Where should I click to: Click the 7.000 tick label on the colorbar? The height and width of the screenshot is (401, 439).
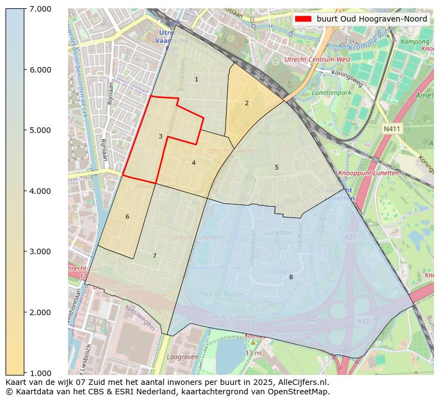(x=37, y=9)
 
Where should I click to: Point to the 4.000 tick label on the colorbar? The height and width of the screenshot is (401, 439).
(x=37, y=191)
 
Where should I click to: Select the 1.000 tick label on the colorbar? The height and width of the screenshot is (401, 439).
(x=37, y=373)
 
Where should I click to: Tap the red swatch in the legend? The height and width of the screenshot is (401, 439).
(x=303, y=19)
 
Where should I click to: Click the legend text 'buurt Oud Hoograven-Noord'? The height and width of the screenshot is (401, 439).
(x=372, y=19)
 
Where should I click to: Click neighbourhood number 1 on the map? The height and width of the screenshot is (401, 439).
(x=196, y=80)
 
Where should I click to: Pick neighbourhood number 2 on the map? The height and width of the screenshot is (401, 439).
(x=247, y=103)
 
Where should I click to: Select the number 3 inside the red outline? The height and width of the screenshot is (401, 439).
(x=160, y=136)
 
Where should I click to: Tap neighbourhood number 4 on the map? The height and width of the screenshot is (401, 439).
(x=194, y=163)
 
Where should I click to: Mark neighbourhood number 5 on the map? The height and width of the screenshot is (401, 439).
(x=276, y=167)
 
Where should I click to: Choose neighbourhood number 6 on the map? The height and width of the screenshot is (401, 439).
(x=127, y=217)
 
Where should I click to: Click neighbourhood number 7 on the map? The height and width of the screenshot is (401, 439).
(x=154, y=256)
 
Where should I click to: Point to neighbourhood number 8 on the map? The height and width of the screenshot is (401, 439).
(x=291, y=277)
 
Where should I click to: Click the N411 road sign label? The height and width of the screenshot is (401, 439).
(x=391, y=128)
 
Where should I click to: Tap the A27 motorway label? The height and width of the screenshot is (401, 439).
(x=350, y=237)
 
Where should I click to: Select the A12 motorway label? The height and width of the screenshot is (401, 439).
(x=363, y=321)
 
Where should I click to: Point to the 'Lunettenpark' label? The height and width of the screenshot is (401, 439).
(x=332, y=92)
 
